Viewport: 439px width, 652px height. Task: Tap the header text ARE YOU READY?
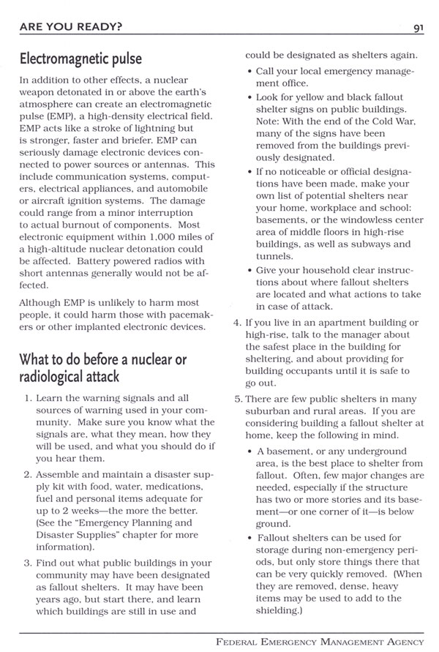71,29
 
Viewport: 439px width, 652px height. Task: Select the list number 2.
28,473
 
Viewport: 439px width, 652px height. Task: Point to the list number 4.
238,323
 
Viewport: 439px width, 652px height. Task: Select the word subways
362,244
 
